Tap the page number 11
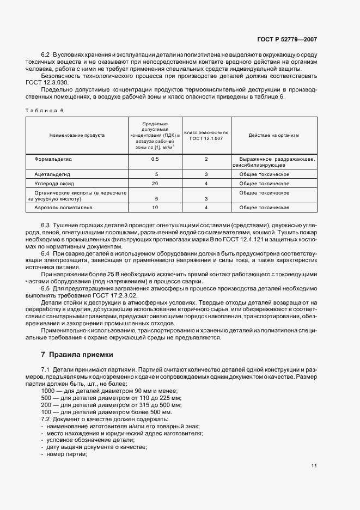coord(314,465)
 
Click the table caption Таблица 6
coord(45,111)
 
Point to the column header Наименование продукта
coord(77,135)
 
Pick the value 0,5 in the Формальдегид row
coord(155,159)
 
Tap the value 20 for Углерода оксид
coord(155,184)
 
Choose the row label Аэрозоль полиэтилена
coord(64,208)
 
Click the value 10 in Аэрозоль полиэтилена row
coord(155,208)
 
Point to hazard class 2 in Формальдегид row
coord(206,159)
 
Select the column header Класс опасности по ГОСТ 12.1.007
coord(206,135)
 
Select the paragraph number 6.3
coord(46,225)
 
